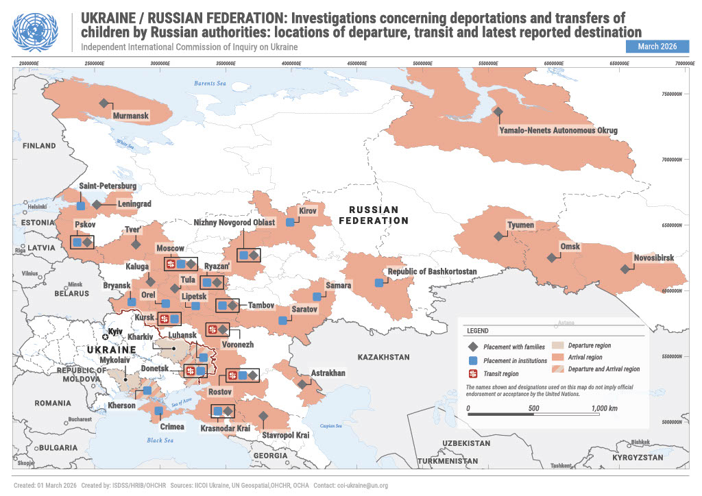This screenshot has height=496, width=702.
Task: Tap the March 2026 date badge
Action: (x=657, y=47)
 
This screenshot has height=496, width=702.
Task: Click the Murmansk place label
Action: (x=130, y=116)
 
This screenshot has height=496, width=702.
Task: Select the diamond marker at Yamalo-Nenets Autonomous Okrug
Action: (x=498, y=112)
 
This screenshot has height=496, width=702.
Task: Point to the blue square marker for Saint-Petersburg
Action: (x=81, y=205)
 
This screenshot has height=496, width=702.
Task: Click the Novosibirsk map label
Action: (x=653, y=258)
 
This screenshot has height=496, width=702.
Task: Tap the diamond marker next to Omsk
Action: (x=551, y=258)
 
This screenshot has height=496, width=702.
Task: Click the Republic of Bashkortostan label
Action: (x=432, y=272)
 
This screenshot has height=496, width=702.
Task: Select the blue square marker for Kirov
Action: (x=290, y=222)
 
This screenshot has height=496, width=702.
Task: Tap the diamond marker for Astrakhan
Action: (x=302, y=384)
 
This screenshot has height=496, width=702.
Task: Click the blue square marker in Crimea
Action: (x=158, y=411)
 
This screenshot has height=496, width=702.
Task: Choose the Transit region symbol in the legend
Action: (x=472, y=373)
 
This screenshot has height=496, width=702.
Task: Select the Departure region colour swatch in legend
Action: (x=556, y=345)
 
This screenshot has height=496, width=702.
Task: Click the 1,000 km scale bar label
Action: (x=604, y=408)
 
